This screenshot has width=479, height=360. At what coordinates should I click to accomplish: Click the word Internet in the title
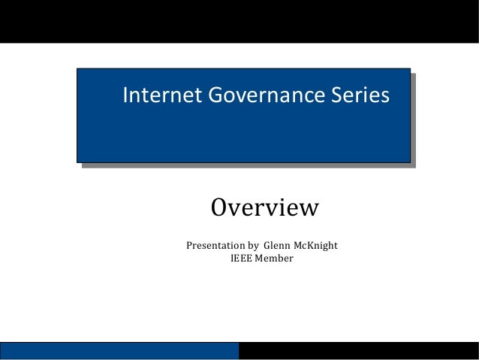point(153,95)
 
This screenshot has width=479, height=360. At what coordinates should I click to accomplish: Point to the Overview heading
point(264,207)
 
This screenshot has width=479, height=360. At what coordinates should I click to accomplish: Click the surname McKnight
point(317,245)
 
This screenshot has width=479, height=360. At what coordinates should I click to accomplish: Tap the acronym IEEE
point(242,259)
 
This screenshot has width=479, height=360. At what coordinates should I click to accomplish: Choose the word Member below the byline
point(274,259)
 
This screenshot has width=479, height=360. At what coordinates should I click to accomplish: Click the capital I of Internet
point(125,95)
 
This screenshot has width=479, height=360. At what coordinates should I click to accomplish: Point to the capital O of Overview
point(219,207)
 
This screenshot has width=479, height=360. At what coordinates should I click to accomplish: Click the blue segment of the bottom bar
point(119,350)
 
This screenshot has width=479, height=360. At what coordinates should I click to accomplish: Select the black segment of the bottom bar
point(358,350)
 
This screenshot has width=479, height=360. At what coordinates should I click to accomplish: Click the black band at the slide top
point(239,20)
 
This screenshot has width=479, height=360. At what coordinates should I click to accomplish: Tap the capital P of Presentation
point(189,245)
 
